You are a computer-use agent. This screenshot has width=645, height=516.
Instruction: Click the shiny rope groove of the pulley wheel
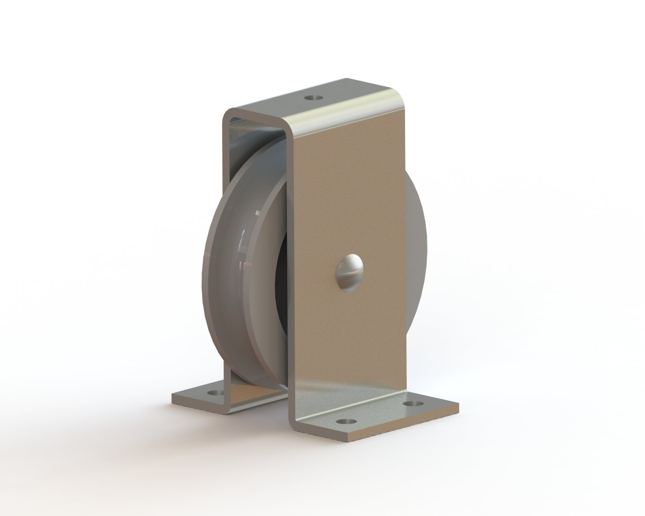248,252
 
